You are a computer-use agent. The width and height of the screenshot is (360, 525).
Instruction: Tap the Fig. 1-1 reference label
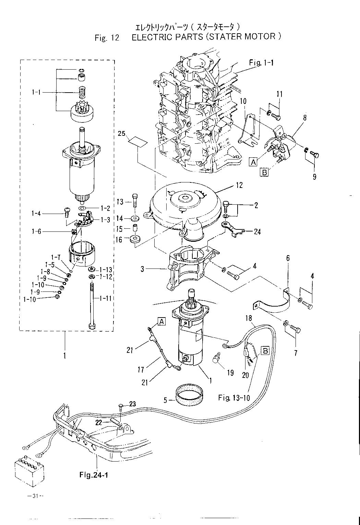click(261, 63)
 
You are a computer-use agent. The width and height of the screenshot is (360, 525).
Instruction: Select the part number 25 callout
click(121, 134)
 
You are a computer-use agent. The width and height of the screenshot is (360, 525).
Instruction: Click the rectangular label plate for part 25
click(138, 143)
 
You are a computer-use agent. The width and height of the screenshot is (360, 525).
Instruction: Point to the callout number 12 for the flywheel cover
click(239, 185)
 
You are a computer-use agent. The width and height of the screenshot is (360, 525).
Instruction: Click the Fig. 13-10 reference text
click(234, 397)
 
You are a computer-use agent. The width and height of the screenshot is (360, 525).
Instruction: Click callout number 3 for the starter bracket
click(142, 269)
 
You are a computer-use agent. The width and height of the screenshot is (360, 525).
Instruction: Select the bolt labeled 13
click(135, 201)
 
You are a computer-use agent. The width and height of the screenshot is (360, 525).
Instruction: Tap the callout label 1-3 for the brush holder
click(106, 219)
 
